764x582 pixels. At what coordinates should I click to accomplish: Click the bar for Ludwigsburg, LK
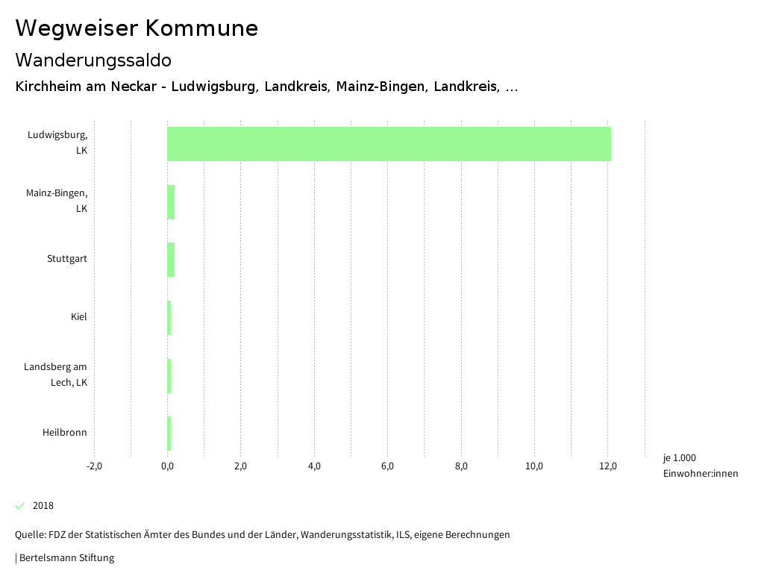pyautogui.click(x=389, y=144)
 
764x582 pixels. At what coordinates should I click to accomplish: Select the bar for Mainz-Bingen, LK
pyautogui.click(x=171, y=202)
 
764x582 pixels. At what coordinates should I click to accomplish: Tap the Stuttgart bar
pyautogui.click(x=171, y=260)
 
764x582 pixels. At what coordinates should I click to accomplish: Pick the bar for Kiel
pyautogui.click(x=169, y=318)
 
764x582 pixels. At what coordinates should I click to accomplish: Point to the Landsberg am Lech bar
pyautogui.click(x=169, y=376)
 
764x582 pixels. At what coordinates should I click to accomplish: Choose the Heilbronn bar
pyautogui.click(x=169, y=434)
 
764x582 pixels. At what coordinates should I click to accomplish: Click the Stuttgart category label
pyautogui.click(x=67, y=259)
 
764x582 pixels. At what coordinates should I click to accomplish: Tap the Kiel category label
pyautogui.click(x=79, y=317)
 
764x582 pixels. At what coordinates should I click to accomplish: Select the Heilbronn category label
pyautogui.click(x=65, y=433)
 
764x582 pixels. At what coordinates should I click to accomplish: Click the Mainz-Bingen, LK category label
pyautogui.click(x=57, y=201)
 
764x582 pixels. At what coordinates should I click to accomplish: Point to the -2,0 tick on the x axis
pyautogui.click(x=94, y=466)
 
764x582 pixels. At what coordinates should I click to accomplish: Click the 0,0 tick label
pyautogui.click(x=167, y=466)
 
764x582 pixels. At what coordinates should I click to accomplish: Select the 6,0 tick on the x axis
pyautogui.click(x=387, y=466)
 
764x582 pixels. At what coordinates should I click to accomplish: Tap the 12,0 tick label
pyautogui.click(x=607, y=466)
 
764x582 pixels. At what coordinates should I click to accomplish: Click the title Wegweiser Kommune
pyautogui.click(x=137, y=28)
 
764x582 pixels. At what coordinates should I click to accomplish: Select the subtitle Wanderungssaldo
pyautogui.click(x=93, y=60)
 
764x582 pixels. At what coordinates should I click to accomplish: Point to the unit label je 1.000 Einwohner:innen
pyautogui.click(x=700, y=466)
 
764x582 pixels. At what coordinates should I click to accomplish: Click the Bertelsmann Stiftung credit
pyautogui.click(x=66, y=558)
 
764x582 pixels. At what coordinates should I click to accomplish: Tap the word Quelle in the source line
pyautogui.click(x=30, y=535)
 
